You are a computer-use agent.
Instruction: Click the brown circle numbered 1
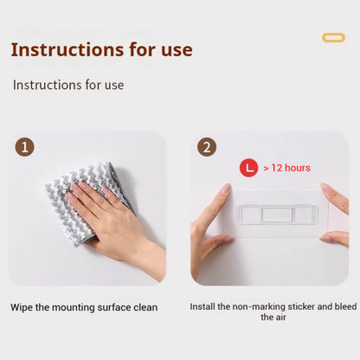[x=25, y=147]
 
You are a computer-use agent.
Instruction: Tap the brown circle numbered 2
[x=207, y=147]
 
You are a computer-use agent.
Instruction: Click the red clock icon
[x=248, y=168]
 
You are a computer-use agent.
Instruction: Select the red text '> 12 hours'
[x=287, y=168]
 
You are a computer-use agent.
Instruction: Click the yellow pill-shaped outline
[x=333, y=38]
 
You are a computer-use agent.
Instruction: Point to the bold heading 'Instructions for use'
[x=101, y=49]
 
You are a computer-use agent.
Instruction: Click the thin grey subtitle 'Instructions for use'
[x=68, y=85]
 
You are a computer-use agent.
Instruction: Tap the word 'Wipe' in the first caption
[x=22, y=307]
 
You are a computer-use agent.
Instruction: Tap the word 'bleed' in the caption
[x=345, y=306]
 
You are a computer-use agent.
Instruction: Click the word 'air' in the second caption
[x=280, y=318]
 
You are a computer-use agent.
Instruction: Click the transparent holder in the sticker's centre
[x=277, y=215]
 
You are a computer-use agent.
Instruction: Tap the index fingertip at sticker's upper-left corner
[x=226, y=189]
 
